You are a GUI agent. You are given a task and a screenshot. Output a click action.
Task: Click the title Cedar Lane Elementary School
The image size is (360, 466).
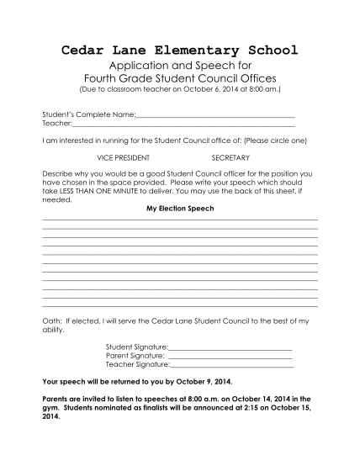coord(180,51)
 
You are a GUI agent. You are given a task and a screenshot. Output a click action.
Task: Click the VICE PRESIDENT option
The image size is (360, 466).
coord(124,157)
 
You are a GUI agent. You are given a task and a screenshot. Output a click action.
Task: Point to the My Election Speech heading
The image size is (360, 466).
coord(180,208)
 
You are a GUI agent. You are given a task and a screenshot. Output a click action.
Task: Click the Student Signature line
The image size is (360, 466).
coord(230,348)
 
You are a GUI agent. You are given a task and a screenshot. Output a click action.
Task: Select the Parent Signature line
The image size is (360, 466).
coord(230,357)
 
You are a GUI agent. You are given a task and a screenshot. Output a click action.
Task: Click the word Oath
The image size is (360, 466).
coord(51,321)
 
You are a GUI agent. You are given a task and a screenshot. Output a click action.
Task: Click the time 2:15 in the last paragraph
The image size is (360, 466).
coord(257,406)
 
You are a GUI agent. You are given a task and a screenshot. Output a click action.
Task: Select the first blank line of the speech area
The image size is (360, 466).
coord(180,220)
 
